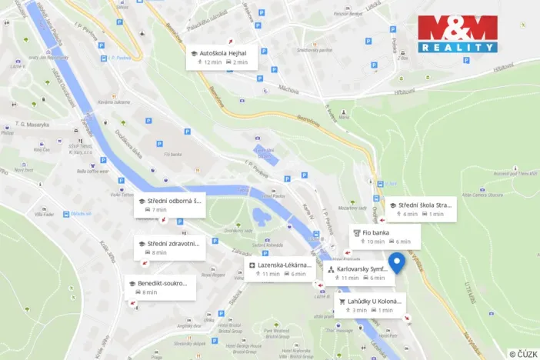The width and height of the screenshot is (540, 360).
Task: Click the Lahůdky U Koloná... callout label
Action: tap(375, 301)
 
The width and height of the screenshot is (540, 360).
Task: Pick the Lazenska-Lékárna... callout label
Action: tap(285, 265)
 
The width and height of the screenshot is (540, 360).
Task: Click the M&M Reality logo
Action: tap(458, 34)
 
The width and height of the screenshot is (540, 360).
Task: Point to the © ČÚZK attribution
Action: tap(522, 353)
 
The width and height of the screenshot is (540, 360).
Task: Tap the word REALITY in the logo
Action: tap(458, 47)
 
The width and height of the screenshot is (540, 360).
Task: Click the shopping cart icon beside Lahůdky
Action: tap(342, 301)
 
